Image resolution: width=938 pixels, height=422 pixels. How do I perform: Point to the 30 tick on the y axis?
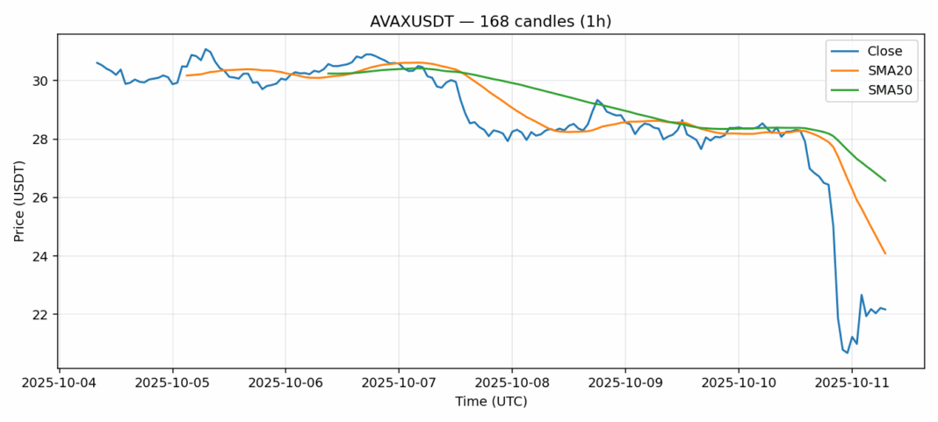pos(42,81)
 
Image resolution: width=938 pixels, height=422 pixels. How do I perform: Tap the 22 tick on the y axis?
pos(42,314)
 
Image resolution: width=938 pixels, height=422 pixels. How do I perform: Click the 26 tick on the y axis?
pos(42,197)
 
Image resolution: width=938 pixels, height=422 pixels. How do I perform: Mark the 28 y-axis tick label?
pos(42,139)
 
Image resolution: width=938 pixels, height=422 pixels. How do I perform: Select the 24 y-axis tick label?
pos(42,256)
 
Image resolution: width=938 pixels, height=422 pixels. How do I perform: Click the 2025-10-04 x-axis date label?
pos(59,383)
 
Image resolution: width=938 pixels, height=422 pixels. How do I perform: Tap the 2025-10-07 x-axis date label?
pos(399,383)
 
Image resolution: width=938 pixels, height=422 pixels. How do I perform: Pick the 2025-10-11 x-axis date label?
pos(852,383)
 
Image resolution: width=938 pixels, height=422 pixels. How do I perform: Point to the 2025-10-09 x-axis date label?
pos(625,383)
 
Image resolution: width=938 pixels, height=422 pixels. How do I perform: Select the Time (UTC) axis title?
pos(490,402)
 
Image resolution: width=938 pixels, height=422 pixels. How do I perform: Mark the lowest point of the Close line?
pos(848,353)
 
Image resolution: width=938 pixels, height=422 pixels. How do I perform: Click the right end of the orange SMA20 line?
pos(885,254)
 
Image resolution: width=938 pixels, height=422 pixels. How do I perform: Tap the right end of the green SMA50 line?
pos(885,181)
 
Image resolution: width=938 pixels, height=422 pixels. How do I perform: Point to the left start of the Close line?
pos(97,62)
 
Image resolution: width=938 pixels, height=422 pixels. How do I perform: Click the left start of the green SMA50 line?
pos(328,74)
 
